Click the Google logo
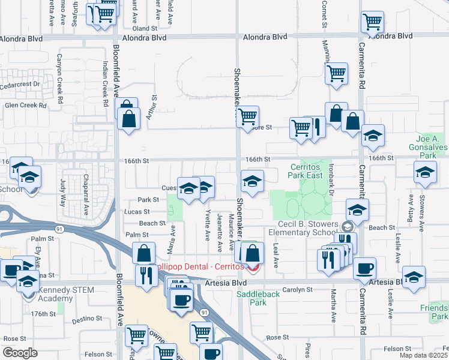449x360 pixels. (20, 353)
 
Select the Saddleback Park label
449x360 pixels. (259, 298)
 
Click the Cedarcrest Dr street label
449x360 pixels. (20, 85)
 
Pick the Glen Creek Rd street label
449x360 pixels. (25, 105)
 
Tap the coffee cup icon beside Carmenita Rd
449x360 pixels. (365, 269)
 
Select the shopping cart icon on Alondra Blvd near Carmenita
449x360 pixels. (372, 23)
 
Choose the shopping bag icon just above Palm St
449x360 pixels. (144, 253)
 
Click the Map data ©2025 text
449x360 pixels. (423, 355)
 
